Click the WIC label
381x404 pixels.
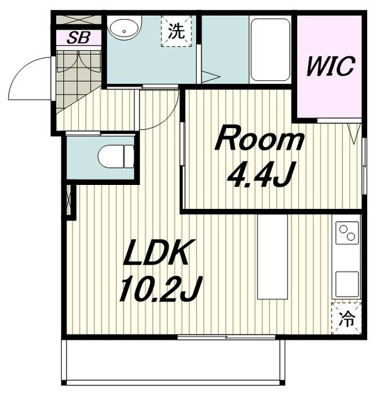331,66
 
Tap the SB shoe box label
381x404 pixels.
78,38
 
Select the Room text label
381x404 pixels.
259,138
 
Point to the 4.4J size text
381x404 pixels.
261,174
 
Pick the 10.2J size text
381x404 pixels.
161,288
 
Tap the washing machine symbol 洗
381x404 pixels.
177,31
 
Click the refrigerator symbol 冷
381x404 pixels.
346,318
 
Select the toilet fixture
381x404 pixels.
116,157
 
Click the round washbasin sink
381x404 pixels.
125,28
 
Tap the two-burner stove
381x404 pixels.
347,233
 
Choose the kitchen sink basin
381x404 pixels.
347,284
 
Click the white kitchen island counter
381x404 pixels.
273,257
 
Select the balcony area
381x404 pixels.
173,362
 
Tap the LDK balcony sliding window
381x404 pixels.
226,337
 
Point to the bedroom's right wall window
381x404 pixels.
364,166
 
